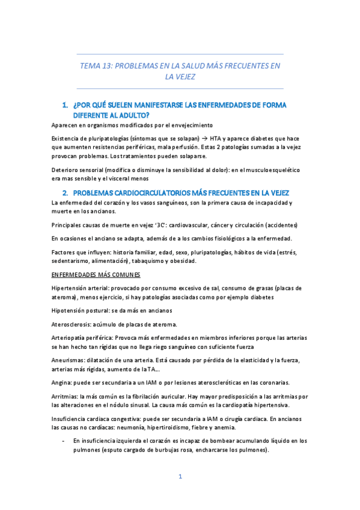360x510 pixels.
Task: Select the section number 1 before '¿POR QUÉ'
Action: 65,105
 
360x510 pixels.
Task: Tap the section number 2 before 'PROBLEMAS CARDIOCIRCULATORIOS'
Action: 65,192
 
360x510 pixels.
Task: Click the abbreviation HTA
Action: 216,138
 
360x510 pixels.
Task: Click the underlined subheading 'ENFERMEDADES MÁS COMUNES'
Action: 96,275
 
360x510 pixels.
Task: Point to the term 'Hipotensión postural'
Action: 82,310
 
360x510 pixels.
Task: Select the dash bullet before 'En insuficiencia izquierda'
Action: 64,441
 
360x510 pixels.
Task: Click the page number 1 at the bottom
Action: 180,477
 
